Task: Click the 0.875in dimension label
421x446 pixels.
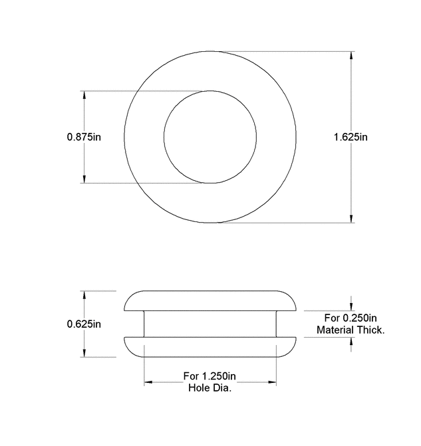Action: (84, 137)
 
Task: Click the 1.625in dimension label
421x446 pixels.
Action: (351, 137)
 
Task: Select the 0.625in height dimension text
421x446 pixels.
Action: (84, 324)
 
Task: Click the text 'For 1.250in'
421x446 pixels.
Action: (210, 376)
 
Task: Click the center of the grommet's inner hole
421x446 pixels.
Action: (210, 137)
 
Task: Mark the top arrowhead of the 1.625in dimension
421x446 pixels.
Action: (351, 56)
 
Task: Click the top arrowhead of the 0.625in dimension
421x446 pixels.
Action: (84, 295)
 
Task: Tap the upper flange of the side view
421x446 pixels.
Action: (210, 300)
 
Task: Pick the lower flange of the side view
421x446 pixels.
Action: (210, 347)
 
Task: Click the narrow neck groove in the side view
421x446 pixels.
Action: (210, 324)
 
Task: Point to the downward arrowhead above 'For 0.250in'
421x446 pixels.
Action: (351, 306)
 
